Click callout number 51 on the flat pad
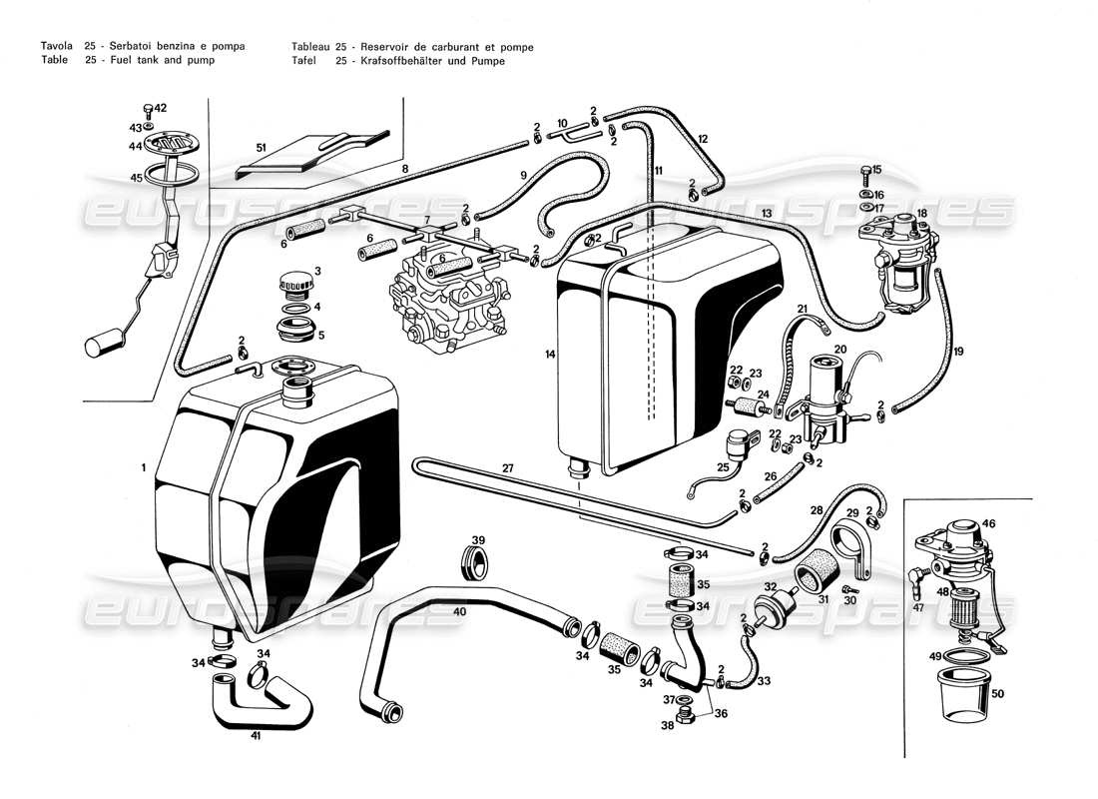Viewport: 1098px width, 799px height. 261,148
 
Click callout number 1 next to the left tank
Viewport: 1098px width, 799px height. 144,467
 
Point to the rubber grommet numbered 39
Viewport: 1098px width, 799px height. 477,561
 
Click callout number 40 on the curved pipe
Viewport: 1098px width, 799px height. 459,610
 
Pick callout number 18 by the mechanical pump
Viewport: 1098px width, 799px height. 921,214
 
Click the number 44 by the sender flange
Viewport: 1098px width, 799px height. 135,147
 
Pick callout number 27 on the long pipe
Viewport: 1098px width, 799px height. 507,468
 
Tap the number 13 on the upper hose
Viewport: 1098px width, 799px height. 767,214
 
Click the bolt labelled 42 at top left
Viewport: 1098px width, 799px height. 148,108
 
